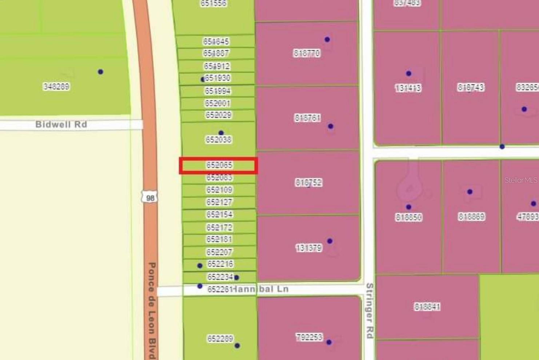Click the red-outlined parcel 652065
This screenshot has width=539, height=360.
pyautogui.click(x=219, y=166)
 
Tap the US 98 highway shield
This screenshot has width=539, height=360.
pyautogui.click(x=149, y=197)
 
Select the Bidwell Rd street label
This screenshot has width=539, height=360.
pyautogui.click(x=61, y=124)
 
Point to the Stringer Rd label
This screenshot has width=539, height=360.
pyautogui.click(x=370, y=310)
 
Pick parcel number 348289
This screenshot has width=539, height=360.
pyautogui.click(x=56, y=87)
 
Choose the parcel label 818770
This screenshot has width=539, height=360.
pyautogui.click(x=307, y=54)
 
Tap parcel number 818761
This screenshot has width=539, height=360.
pyautogui.click(x=307, y=118)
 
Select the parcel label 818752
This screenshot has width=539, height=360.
pyautogui.click(x=308, y=182)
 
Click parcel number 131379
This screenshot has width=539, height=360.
pyautogui.click(x=308, y=248)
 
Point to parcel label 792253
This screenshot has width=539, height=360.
pyautogui.click(x=309, y=337)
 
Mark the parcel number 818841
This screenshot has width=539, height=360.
pyautogui.click(x=427, y=307)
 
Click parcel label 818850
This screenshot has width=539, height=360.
pyautogui.click(x=408, y=217)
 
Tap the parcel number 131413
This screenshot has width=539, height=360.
pyautogui.click(x=408, y=88)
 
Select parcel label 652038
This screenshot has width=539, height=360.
pyautogui.click(x=218, y=140)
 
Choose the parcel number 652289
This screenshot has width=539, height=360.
pyautogui.click(x=220, y=339)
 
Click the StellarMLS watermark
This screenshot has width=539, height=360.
pyautogui.click(x=520, y=180)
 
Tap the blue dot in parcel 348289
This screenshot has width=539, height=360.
pyautogui.click(x=100, y=72)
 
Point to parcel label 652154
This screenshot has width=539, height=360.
pyautogui.click(x=219, y=214)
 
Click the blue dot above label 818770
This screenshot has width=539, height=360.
pyautogui.click(x=327, y=39)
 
